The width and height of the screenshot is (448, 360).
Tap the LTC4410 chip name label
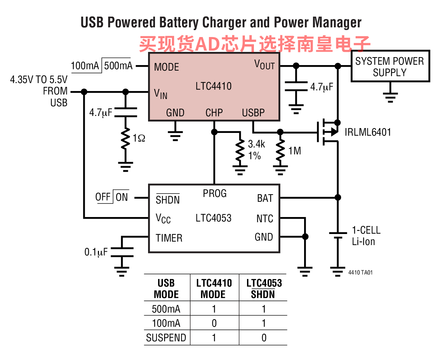(213, 86)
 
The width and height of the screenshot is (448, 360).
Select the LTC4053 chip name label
(213, 218)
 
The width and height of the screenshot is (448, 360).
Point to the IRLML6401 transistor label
(368, 132)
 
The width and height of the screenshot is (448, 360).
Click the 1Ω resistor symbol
(125, 138)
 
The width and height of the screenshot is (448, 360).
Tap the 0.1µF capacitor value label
(96, 252)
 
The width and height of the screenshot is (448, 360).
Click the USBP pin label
(253, 113)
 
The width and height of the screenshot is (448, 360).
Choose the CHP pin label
(214, 113)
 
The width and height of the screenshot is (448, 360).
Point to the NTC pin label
(265, 219)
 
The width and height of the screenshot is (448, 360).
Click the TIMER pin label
(169, 238)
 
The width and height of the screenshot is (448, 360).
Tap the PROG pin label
(214, 193)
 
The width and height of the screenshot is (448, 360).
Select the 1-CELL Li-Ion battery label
(366, 236)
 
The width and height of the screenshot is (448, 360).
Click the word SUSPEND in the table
(166, 337)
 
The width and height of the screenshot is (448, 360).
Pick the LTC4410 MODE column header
(214, 289)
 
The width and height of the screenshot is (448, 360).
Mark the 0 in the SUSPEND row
(264, 337)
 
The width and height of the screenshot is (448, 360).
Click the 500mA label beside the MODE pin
(118, 66)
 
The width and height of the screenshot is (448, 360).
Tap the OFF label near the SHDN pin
(103, 197)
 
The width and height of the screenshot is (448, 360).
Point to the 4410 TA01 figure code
(360, 272)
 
